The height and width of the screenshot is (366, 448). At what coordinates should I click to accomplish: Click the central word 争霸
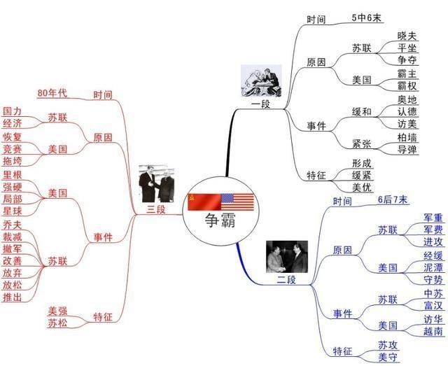220,223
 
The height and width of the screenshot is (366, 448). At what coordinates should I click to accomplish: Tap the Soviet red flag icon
203,202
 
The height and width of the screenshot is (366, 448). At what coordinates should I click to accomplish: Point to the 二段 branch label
287,280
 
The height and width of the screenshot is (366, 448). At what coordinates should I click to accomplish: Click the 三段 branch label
156,209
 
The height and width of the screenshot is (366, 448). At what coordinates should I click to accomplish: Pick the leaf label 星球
12,211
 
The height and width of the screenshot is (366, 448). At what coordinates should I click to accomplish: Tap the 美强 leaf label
57,311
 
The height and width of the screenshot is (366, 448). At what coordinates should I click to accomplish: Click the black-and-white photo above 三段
157,183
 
